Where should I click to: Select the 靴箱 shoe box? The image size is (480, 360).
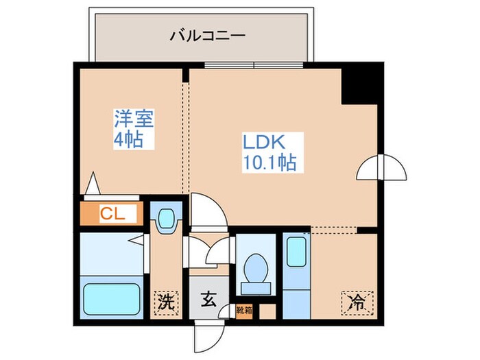pos(245,310)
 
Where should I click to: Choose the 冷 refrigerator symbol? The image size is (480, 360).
pos(357,300)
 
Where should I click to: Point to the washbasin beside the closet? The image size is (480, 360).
pos(165,219)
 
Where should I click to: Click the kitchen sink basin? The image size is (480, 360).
pos(296,252)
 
